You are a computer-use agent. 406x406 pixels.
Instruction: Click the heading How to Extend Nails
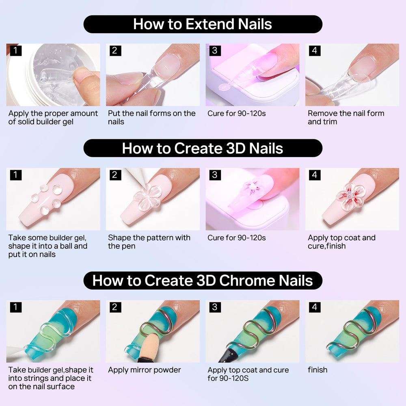pos(203,24)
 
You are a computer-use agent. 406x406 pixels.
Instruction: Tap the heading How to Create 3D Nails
pos(203,148)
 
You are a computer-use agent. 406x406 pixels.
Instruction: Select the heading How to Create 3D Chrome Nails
pos(203,281)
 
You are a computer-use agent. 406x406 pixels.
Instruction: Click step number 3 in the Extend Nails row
pos(215,50)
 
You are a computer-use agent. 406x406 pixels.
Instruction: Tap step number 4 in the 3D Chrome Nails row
pos(315,307)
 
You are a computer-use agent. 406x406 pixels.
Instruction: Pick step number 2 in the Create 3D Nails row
pos(115,175)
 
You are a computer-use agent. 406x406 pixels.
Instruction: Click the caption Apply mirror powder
pos(144,370)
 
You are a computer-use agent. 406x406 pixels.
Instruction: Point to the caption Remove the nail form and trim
pos(346,117)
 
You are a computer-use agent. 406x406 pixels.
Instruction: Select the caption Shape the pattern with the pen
pos(149,242)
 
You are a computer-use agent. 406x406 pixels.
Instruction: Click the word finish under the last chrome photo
pos(317,370)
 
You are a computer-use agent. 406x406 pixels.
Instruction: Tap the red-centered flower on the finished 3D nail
pos(351,196)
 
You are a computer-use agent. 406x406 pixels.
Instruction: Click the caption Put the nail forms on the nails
pos(152,117)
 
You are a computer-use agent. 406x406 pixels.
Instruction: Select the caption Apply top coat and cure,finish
pos(341,242)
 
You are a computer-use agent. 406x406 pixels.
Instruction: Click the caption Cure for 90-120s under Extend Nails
pos(237,113)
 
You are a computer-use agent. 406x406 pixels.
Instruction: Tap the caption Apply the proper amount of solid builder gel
pos(53,117)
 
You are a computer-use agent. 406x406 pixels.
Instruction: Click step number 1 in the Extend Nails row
pos(15,50)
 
